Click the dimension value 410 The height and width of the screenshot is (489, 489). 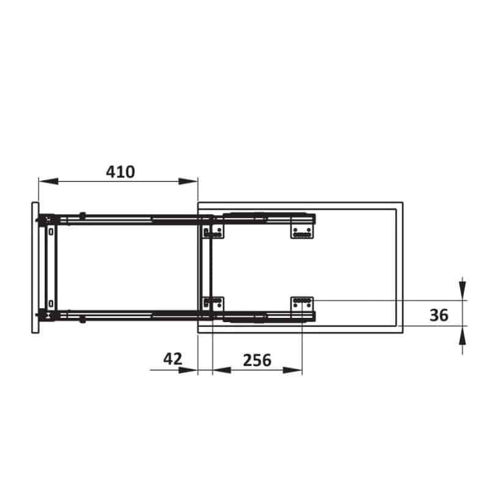point(120,172)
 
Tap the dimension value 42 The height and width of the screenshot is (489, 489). point(172,359)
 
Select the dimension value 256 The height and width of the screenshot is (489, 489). point(257,360)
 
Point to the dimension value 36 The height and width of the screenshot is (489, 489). point(439,315)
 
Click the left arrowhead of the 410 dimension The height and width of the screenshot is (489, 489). point(48,181)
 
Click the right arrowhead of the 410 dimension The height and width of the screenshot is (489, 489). point(188,181)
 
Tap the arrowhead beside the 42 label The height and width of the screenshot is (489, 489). point(188,370)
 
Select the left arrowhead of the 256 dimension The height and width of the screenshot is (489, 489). point(222,370)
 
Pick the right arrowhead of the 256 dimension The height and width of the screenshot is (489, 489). point(293,370)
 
